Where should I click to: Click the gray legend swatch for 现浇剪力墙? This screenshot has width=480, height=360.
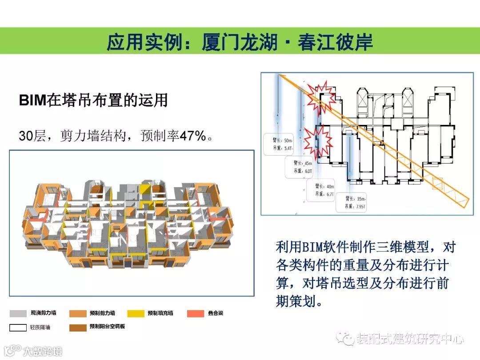point(18,313)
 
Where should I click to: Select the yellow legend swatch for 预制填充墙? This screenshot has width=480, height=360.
point(136,313)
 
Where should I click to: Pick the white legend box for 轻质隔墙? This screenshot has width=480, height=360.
point(18,328)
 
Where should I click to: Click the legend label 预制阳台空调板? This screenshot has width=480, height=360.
point(107,327)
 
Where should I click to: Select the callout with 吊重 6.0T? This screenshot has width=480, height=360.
point(301,167)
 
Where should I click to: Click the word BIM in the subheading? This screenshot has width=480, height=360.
point(32,100)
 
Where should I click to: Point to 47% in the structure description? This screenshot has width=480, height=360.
point(193,135)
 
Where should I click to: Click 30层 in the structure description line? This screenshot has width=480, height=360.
point(32,136)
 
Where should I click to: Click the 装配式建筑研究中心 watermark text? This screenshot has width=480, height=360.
point(409,340)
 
